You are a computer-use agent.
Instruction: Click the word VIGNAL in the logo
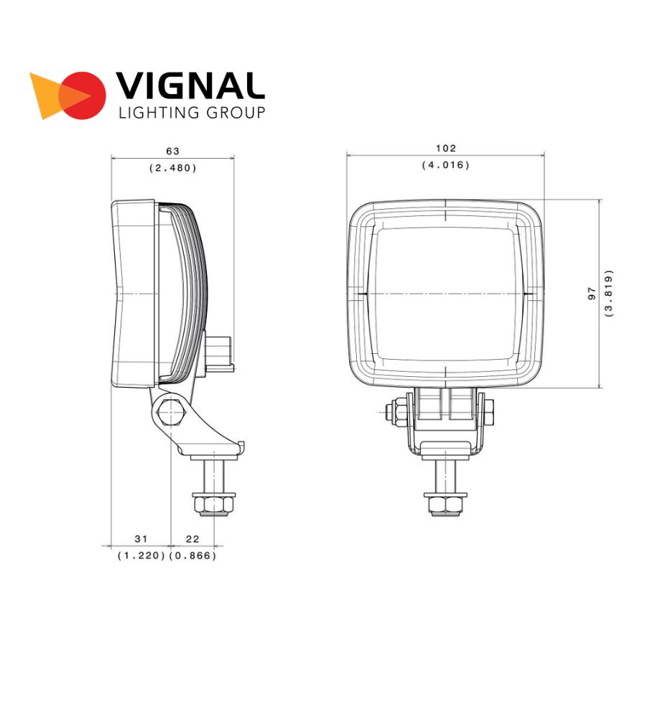(190, 85)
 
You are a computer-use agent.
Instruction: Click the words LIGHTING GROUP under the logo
(192, 113)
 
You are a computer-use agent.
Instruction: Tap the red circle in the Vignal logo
(82, 95)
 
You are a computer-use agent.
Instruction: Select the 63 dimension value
(172, 151)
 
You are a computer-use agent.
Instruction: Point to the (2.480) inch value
(173, 168)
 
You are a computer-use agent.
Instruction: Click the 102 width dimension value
(446, 149)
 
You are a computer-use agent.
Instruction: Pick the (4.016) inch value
(446, 165)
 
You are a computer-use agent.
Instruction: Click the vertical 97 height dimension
(592, 294)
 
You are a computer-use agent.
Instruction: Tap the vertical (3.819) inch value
(609, 294)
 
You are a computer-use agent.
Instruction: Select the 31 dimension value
(141, 539)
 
